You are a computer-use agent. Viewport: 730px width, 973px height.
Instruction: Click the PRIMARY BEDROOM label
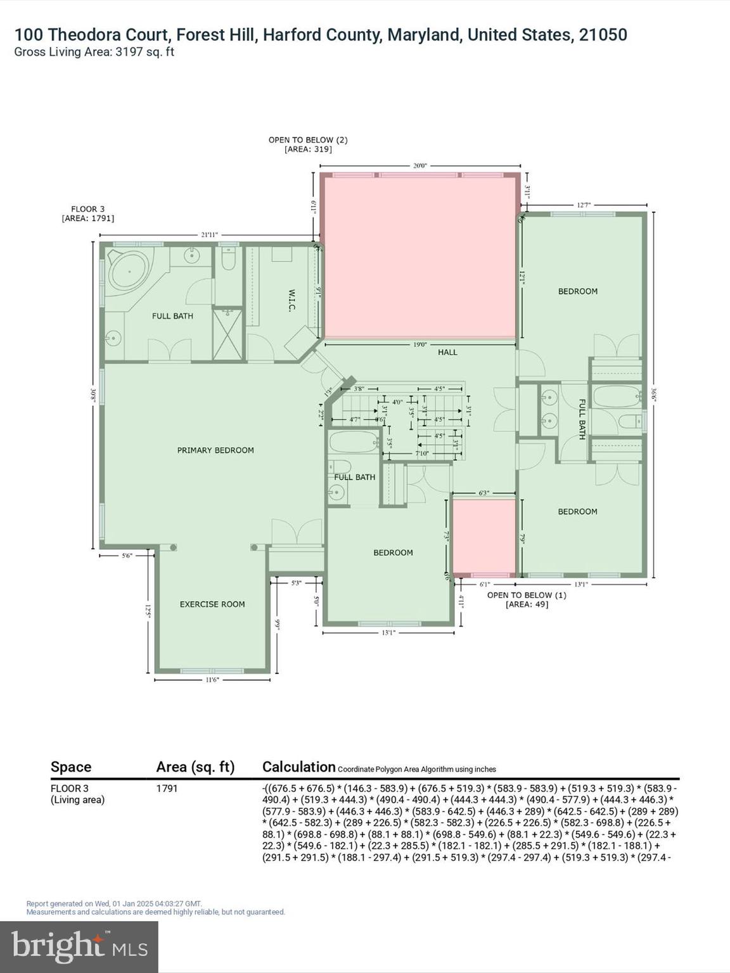point(215,450)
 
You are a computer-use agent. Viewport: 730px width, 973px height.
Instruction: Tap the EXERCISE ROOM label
point(212,604)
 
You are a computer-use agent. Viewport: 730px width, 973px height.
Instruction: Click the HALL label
point(447,352)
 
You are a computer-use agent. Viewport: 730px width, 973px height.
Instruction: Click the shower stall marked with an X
point(227,333)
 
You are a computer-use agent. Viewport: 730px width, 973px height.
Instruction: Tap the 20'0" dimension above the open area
point(420,166)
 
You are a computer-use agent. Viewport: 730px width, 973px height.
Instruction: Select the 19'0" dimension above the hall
point(420,345)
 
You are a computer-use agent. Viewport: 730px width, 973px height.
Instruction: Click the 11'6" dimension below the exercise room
point(212,680)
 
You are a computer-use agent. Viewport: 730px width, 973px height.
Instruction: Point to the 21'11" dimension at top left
point(209,235)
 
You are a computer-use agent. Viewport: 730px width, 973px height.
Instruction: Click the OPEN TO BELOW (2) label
point(308,140)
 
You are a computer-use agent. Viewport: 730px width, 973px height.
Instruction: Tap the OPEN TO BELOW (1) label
point(527,595)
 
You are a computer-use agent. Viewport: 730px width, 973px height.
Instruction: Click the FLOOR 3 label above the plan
point(87,209)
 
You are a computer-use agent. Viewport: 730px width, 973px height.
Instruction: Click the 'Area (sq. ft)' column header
point(195,767)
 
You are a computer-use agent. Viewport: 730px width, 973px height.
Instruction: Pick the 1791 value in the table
point(167,789)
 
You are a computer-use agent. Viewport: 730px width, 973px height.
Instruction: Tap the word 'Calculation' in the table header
point(298,766)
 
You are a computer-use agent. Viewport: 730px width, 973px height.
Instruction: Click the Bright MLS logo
point(79,946)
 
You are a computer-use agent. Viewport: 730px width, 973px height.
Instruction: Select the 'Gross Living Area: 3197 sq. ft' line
point(94,53)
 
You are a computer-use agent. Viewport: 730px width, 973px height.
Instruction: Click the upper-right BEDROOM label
point(577,291)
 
